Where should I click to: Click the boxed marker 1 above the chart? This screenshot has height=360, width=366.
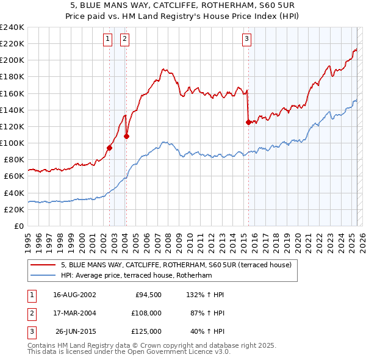pyautogui.click(x=107, y=39)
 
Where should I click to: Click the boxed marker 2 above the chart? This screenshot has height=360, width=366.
pyautogui.click(x=124, y=39)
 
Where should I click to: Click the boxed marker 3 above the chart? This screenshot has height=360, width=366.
pyautogui.click(x=247, y=39)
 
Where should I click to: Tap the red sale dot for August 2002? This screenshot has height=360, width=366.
pyautogui.click(x=110, y=147)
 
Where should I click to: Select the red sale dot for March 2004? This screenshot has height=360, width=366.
pyautogui.click(x=126, y=136)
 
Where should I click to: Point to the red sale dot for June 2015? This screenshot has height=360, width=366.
pyautogui.click(x=248, y=122)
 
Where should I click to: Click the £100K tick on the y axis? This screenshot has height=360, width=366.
pyautogui.click(x=12, y=143)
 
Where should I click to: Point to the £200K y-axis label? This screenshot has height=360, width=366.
pyautogui.click(x=12, y=60)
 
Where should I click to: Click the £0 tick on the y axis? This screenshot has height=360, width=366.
pyautogui.click(x=20, y=226)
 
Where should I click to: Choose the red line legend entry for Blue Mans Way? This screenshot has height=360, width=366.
pyautogui.click(x=176, y=265)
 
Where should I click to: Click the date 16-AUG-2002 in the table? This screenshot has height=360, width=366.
pyautogui.click(x=74, y=295)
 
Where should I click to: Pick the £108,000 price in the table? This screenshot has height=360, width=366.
pyautogui.click(x=147, y=313)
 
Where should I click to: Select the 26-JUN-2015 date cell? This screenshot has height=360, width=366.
pyautogui.click(x=74, y=331)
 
